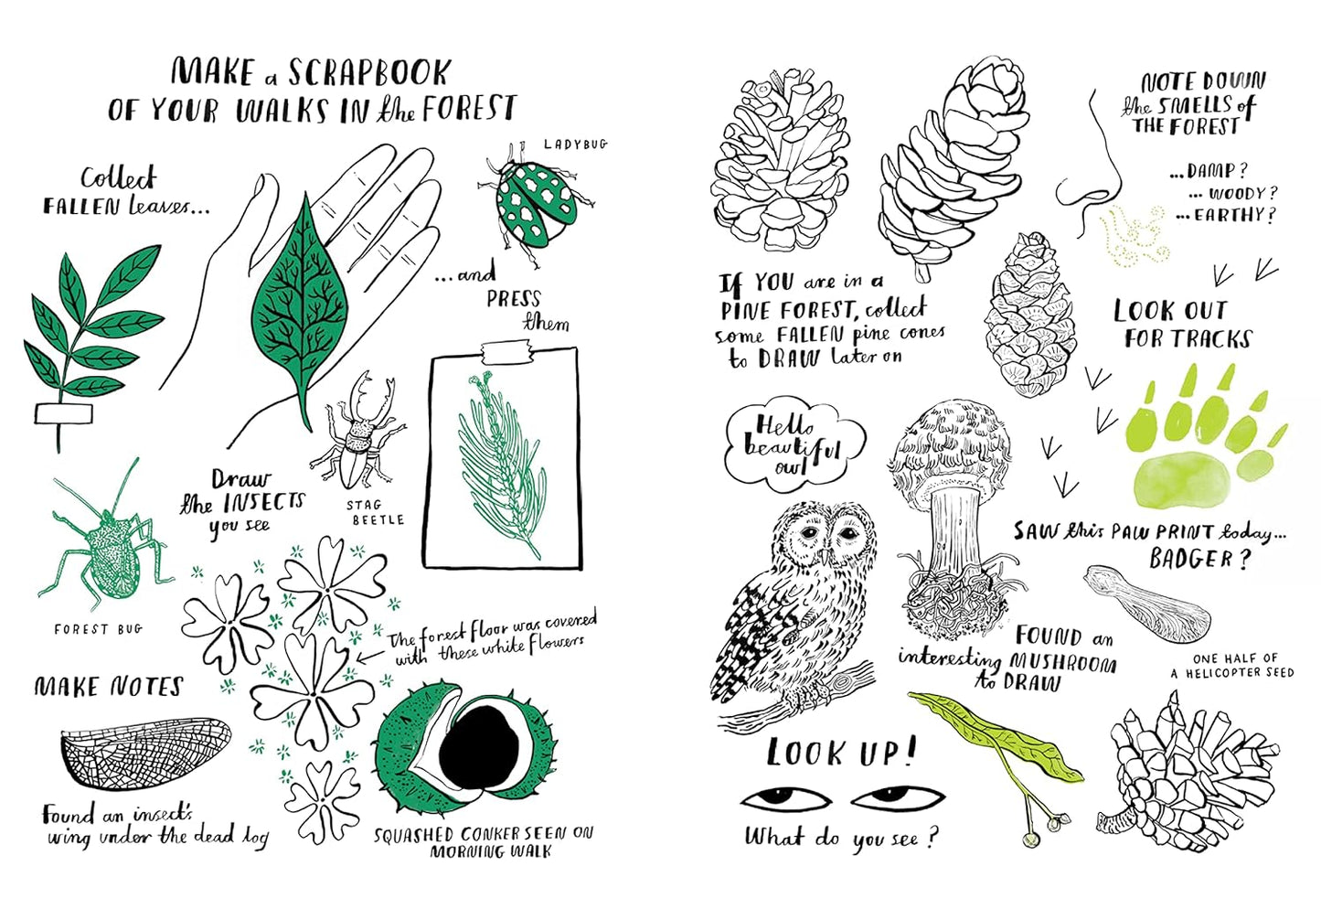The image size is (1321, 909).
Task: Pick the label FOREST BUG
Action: [x=98, y=629]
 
